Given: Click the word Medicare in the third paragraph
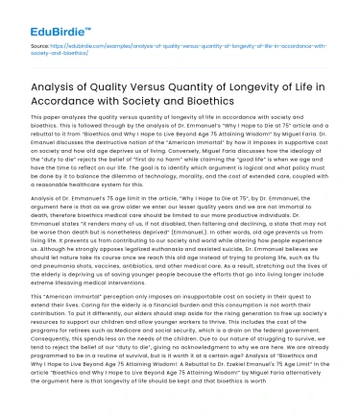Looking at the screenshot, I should tap(140, 352).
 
